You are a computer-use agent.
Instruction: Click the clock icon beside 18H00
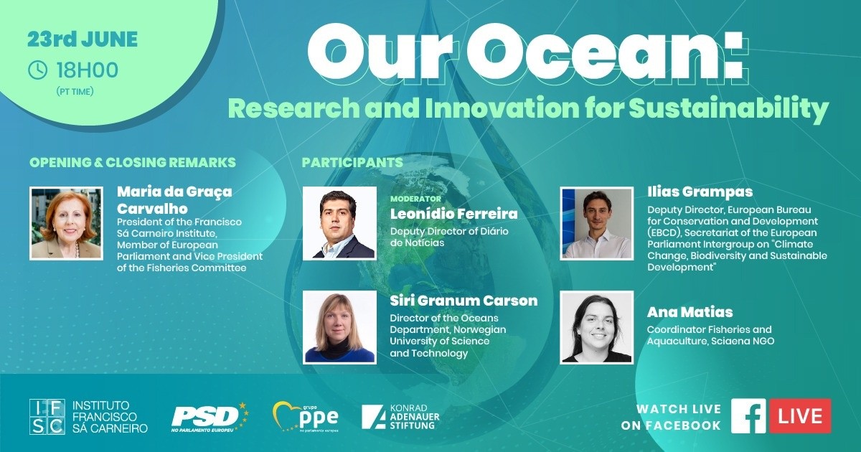38,70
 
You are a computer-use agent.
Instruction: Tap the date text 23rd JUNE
83,39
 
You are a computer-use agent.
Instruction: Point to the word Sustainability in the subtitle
728,109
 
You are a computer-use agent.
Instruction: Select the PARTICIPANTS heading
352,163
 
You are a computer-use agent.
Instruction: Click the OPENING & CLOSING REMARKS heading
133,163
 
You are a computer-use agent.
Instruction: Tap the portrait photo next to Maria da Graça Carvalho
67,223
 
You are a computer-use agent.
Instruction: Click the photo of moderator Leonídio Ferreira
339,223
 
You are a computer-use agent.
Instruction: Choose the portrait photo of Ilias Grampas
596,223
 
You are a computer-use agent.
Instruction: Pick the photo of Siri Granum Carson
339,327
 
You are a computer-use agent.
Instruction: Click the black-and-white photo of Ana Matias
596,327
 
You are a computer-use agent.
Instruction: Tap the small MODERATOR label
415,199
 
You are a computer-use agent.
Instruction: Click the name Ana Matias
690,312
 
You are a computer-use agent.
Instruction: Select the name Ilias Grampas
700,192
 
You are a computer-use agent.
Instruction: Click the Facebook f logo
748,416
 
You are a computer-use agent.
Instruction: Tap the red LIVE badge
799,416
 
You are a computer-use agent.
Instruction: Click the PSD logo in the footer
210,418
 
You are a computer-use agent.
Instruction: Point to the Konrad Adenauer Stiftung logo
400,417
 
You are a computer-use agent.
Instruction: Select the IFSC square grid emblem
47,417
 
